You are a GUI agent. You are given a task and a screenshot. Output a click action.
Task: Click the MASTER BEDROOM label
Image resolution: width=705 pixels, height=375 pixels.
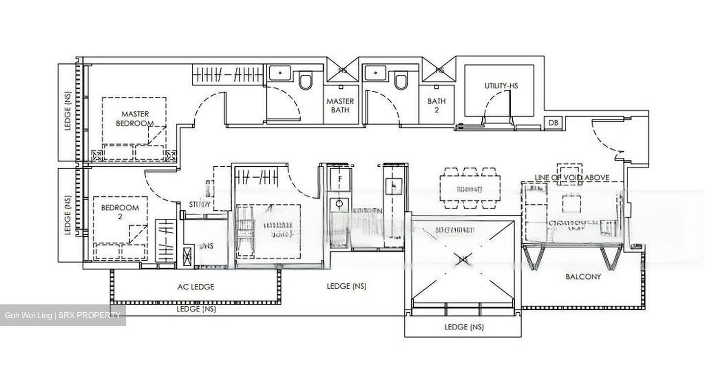pyautogui.click(x=134, y=119)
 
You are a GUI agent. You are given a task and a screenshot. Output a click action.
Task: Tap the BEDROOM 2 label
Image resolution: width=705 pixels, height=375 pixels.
pyautogui.click(x=120, y=211)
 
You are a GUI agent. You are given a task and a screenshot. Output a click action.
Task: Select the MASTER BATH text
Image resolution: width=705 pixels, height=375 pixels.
pyautogui.click(x=340, y=105)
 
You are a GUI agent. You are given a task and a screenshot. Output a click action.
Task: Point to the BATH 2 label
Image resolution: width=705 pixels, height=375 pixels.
pyautogui.click(x=436, y=105)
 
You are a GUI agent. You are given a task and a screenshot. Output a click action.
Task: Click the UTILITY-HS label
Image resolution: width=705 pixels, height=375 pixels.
pyautogui.click(x=501, y=86)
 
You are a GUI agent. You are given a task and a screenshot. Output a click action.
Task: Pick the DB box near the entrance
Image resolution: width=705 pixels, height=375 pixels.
pyautogui.click(x=553, y=123)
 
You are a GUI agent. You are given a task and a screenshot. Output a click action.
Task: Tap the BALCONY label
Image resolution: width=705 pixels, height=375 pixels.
pyautogui.click(x=583, y=276)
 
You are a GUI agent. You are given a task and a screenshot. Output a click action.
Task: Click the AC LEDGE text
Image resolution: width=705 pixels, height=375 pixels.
pyautogui.click(x=195, y=287)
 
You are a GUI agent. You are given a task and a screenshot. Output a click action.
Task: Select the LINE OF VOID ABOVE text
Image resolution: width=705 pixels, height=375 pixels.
pyautogui.click(x=572, y=177)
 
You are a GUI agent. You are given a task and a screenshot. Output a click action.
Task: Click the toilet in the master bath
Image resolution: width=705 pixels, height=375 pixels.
pyautogui.click(x=305, y=81)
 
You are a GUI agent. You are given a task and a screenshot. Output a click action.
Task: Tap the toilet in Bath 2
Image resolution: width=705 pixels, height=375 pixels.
pyautogui.click(x=401, y=81)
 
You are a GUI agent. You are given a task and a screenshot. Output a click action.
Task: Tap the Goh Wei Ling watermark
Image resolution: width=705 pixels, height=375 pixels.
pyautogui.click(x=63, y=315)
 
